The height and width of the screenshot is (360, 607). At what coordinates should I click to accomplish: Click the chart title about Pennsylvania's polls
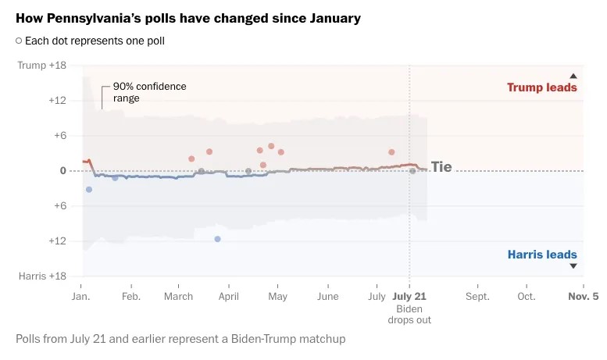(x=188, y=18)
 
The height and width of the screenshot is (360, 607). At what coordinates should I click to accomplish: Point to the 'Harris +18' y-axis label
(x=42, y=276)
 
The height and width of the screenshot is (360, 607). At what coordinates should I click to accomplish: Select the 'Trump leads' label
(x=541, y=87)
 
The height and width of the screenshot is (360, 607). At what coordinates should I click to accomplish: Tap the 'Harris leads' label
(x=541, y=255)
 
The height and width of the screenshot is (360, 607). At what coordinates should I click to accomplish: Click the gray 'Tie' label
(x=441, y=167)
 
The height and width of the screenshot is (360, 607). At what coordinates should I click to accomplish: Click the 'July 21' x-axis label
(x=409, y=297)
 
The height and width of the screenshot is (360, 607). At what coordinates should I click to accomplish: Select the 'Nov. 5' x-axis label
(x=583, y=297)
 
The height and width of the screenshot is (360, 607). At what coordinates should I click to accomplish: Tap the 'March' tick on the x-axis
(x=178, y=297)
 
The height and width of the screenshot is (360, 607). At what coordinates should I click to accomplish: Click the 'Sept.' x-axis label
(x=477, y=297)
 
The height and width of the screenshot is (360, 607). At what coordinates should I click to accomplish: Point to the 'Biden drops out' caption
(x=409, y=314)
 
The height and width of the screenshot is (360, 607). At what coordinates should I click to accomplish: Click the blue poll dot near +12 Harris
(x=217, y=239)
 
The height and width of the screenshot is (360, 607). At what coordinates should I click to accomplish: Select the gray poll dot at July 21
(x=412, y=170)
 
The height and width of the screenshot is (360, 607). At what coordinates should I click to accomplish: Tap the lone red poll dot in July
(x=391, y=152)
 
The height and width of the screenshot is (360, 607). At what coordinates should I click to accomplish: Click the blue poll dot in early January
(x=88, y=190)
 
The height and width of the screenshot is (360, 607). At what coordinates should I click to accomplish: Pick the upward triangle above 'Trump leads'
(x=573, y=76)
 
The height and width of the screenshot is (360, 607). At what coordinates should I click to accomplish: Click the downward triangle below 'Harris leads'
(x=573, y=266)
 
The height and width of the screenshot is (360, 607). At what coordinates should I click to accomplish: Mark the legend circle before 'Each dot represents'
(x=19, y=41)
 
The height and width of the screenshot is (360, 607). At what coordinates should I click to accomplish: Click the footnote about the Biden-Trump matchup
(x=180, y=339)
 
